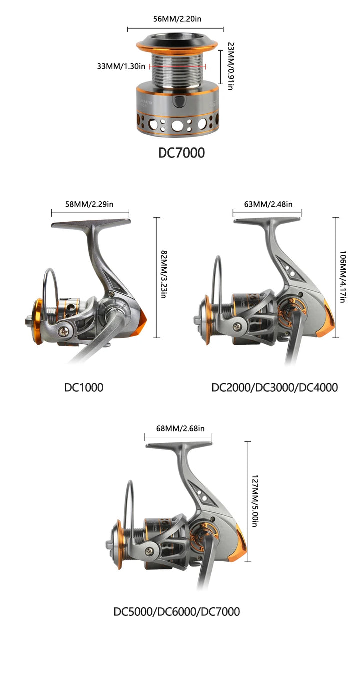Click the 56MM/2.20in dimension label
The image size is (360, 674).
[177, 19]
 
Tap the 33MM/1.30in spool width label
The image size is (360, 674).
[121, 66]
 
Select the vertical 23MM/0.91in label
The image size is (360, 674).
[230, 66]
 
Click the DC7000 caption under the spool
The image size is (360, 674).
[181, 153]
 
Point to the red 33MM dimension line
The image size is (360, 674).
[177, 66]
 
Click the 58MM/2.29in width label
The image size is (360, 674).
[89, 204]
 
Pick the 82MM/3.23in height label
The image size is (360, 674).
[164, 274]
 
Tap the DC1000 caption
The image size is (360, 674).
[84, 387]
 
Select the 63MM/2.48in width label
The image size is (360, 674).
[268, 204]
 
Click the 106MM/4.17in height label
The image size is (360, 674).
[343, 277]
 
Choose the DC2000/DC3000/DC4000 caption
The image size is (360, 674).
[275, 387]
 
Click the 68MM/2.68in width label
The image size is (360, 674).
[180, 428]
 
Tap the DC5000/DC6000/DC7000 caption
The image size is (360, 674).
[177, 612]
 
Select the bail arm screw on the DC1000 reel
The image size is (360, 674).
[66, 331]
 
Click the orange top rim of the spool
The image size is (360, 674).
[177, 46]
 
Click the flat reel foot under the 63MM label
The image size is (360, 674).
[267, 221]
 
